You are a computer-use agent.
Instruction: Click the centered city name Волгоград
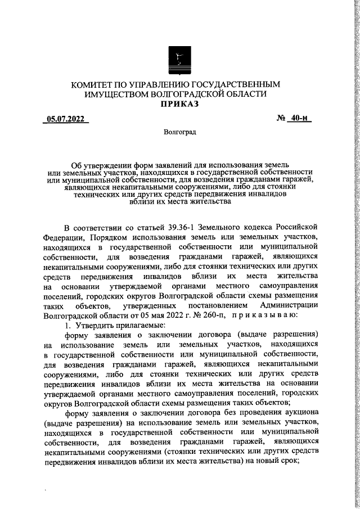click(179, 133)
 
